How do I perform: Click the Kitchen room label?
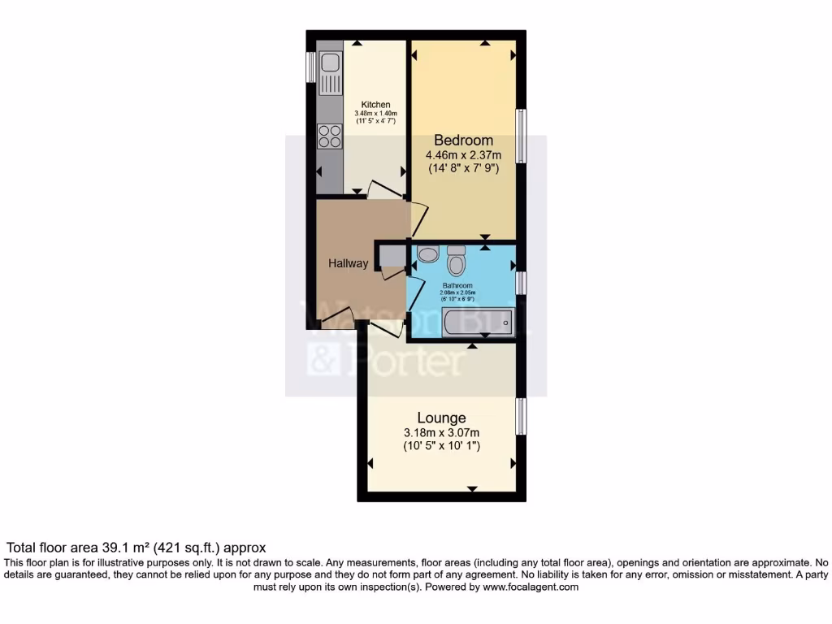click(376, 105)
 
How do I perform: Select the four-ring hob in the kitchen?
click(330, 136)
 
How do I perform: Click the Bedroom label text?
click(463, 140)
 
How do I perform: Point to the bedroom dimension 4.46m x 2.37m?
click(463, 154)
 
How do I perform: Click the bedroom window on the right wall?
click(522, 136)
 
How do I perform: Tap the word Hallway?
click(348, 263)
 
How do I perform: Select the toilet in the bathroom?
click(457, 262)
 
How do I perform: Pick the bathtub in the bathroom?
click(472, 323)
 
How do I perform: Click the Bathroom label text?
click(457, 286)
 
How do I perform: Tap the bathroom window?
click(522, 282)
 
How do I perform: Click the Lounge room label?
click(441, 418)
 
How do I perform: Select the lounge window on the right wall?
click(522, 415)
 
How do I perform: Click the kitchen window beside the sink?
click(310, 67)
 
